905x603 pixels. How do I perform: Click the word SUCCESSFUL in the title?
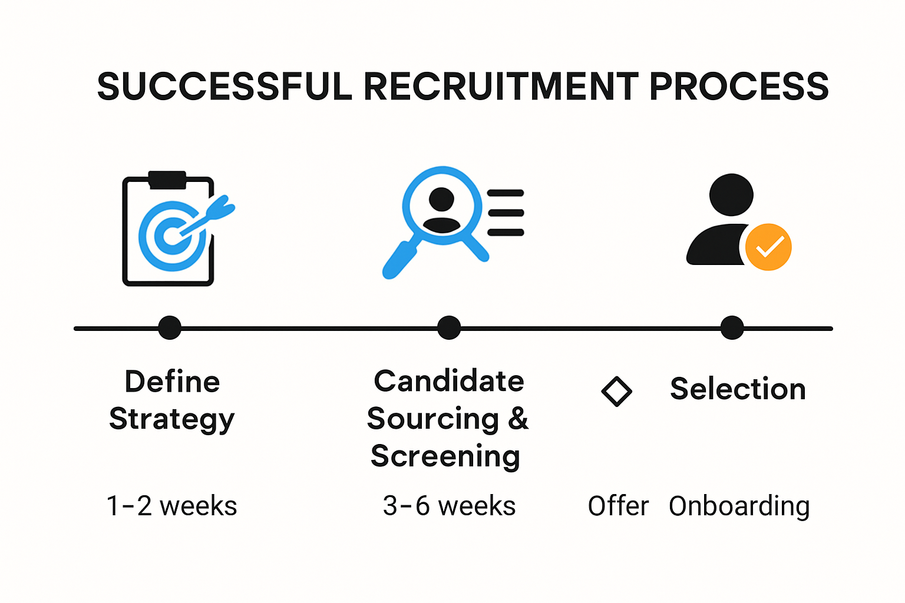tap(224, 87)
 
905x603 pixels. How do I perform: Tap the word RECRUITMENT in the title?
tap(501, 87)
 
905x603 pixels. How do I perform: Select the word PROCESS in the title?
tap(739, 87)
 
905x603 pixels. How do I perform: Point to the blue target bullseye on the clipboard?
tap(171, 236)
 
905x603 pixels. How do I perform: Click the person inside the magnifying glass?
tap(441, 210)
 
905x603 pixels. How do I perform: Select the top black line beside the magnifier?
tap(506, 193)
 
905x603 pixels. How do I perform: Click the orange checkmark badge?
tap(768, 247)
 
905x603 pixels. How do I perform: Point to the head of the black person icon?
tap(731, 195)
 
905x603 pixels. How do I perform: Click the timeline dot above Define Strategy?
tap(170, 328)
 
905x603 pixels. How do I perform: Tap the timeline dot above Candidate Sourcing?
tap(449, 328)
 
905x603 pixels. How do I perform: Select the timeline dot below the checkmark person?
tap(732, 328)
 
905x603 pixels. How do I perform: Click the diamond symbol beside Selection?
tap(616, 392)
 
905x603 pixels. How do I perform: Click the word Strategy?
tap(172, 420)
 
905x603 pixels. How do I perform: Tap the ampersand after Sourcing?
tap(518, 419)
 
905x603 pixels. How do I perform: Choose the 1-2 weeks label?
tap(171, 506)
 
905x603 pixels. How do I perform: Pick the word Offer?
tap(618, 506)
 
